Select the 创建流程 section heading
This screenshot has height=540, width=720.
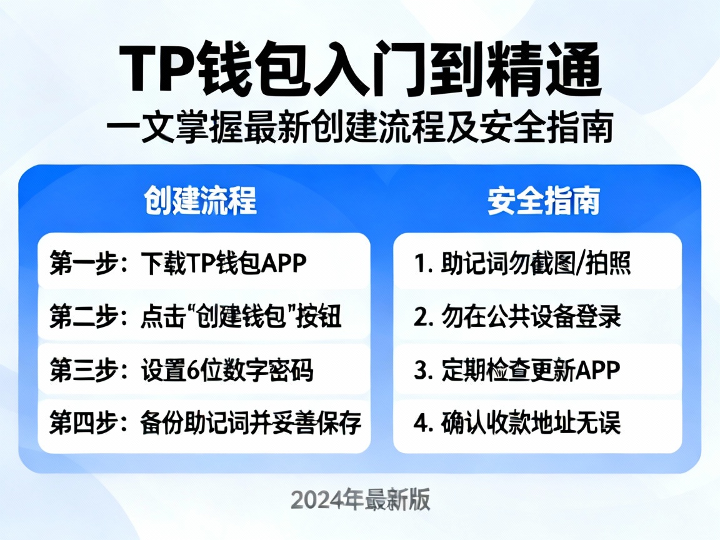[200, 201]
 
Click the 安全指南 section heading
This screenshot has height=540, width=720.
[544, 201]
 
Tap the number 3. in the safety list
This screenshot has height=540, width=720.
[423, 371]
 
